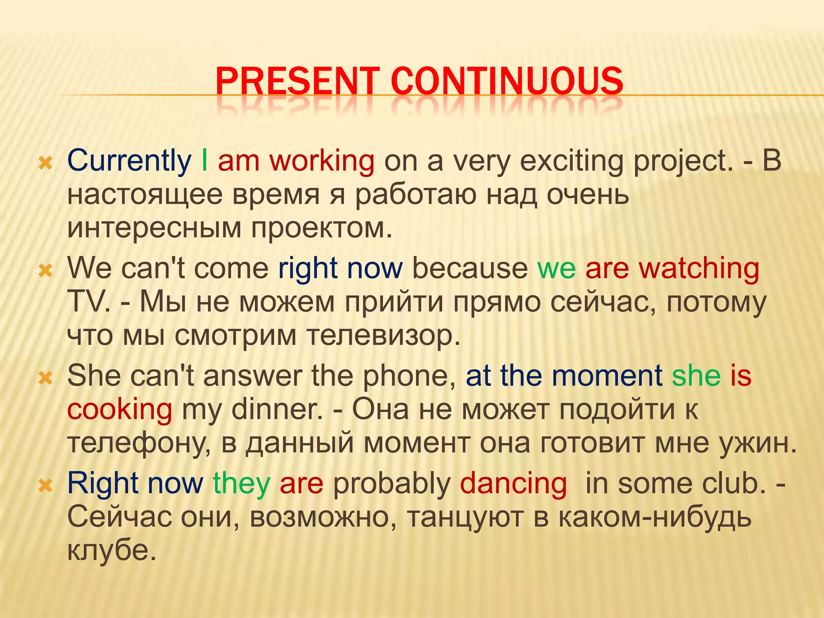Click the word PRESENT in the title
[x=298, y=81]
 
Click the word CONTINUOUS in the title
[x=507, y=81]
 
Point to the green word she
[x=696, y=376]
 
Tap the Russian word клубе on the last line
[x=111, y=550]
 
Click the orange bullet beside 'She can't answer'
[x=45, y=378]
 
